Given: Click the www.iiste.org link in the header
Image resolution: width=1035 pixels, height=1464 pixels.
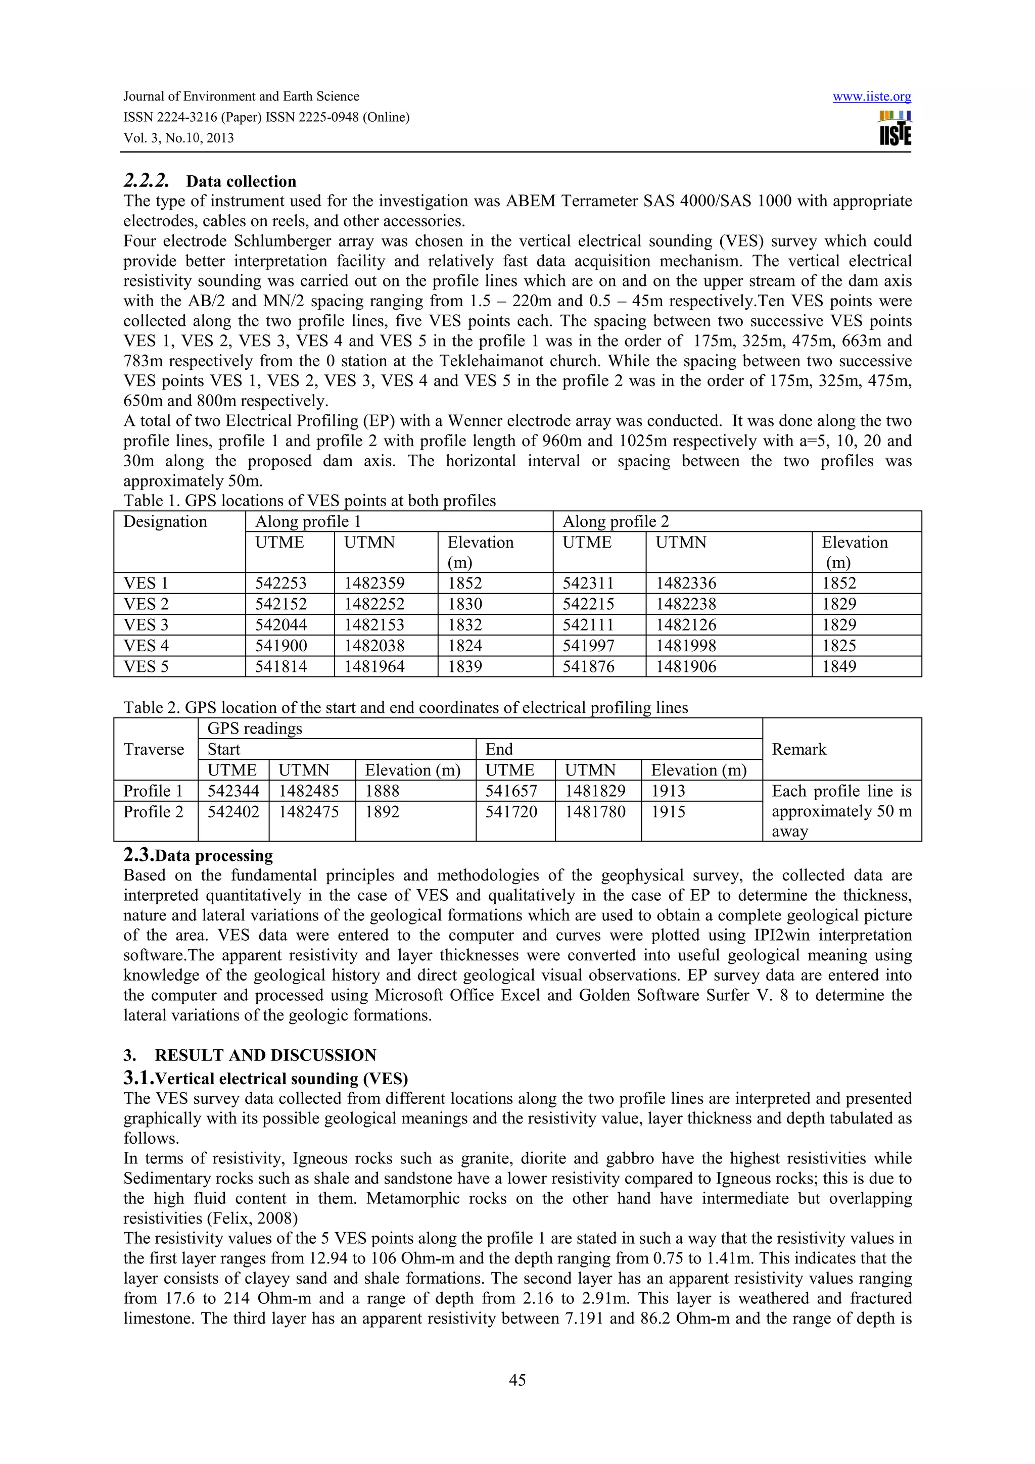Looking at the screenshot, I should [x=871, y=97].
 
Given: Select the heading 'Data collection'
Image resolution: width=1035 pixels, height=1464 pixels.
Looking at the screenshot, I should [x=241, y=181].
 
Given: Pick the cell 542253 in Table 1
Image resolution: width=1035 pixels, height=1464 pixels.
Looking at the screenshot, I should [x=280, y=583].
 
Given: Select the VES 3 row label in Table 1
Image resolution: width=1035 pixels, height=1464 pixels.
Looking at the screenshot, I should [x=146, y=625].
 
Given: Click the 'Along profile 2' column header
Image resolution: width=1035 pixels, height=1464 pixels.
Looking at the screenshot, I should [x=616, y=521].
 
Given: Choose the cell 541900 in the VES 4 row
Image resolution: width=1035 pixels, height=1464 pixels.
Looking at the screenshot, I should [x=281, y=645].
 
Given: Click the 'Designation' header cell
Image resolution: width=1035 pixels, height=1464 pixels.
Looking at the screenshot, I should [x=165, y=521].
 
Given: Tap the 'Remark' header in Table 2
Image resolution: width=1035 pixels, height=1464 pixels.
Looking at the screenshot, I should [x=798, y=749].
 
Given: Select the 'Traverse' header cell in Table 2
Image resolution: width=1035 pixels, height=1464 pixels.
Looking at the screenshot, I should [x=154, y=749].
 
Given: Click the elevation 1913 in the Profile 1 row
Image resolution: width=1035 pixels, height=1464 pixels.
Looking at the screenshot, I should [x=668, y=791].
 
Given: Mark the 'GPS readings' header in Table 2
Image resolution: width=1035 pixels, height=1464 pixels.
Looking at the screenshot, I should [x=254, y=728].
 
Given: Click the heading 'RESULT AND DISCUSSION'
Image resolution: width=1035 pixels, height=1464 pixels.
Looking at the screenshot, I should [x=265, y=1055].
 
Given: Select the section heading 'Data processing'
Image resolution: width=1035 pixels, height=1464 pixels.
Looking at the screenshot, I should [x=214, y=856].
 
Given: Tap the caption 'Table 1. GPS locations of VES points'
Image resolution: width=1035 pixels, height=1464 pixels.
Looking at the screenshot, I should [x=309, y=501].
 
